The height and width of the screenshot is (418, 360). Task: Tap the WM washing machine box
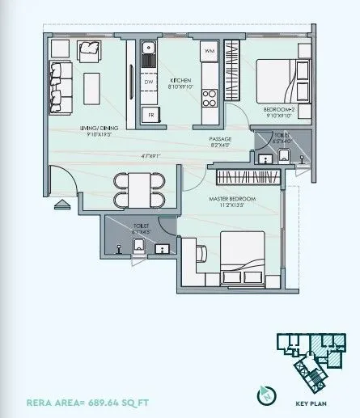pyautogui.click(x=208, y=52)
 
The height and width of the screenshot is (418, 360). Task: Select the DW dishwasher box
pyautogui.click(x=148, y=82)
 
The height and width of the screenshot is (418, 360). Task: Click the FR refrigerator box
pyautogui.click(x=150, y=114)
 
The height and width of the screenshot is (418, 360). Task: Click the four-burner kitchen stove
pyautogui.click(x=209, y=99)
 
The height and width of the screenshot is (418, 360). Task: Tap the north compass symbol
pyautogui.click(x=265, y=395)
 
